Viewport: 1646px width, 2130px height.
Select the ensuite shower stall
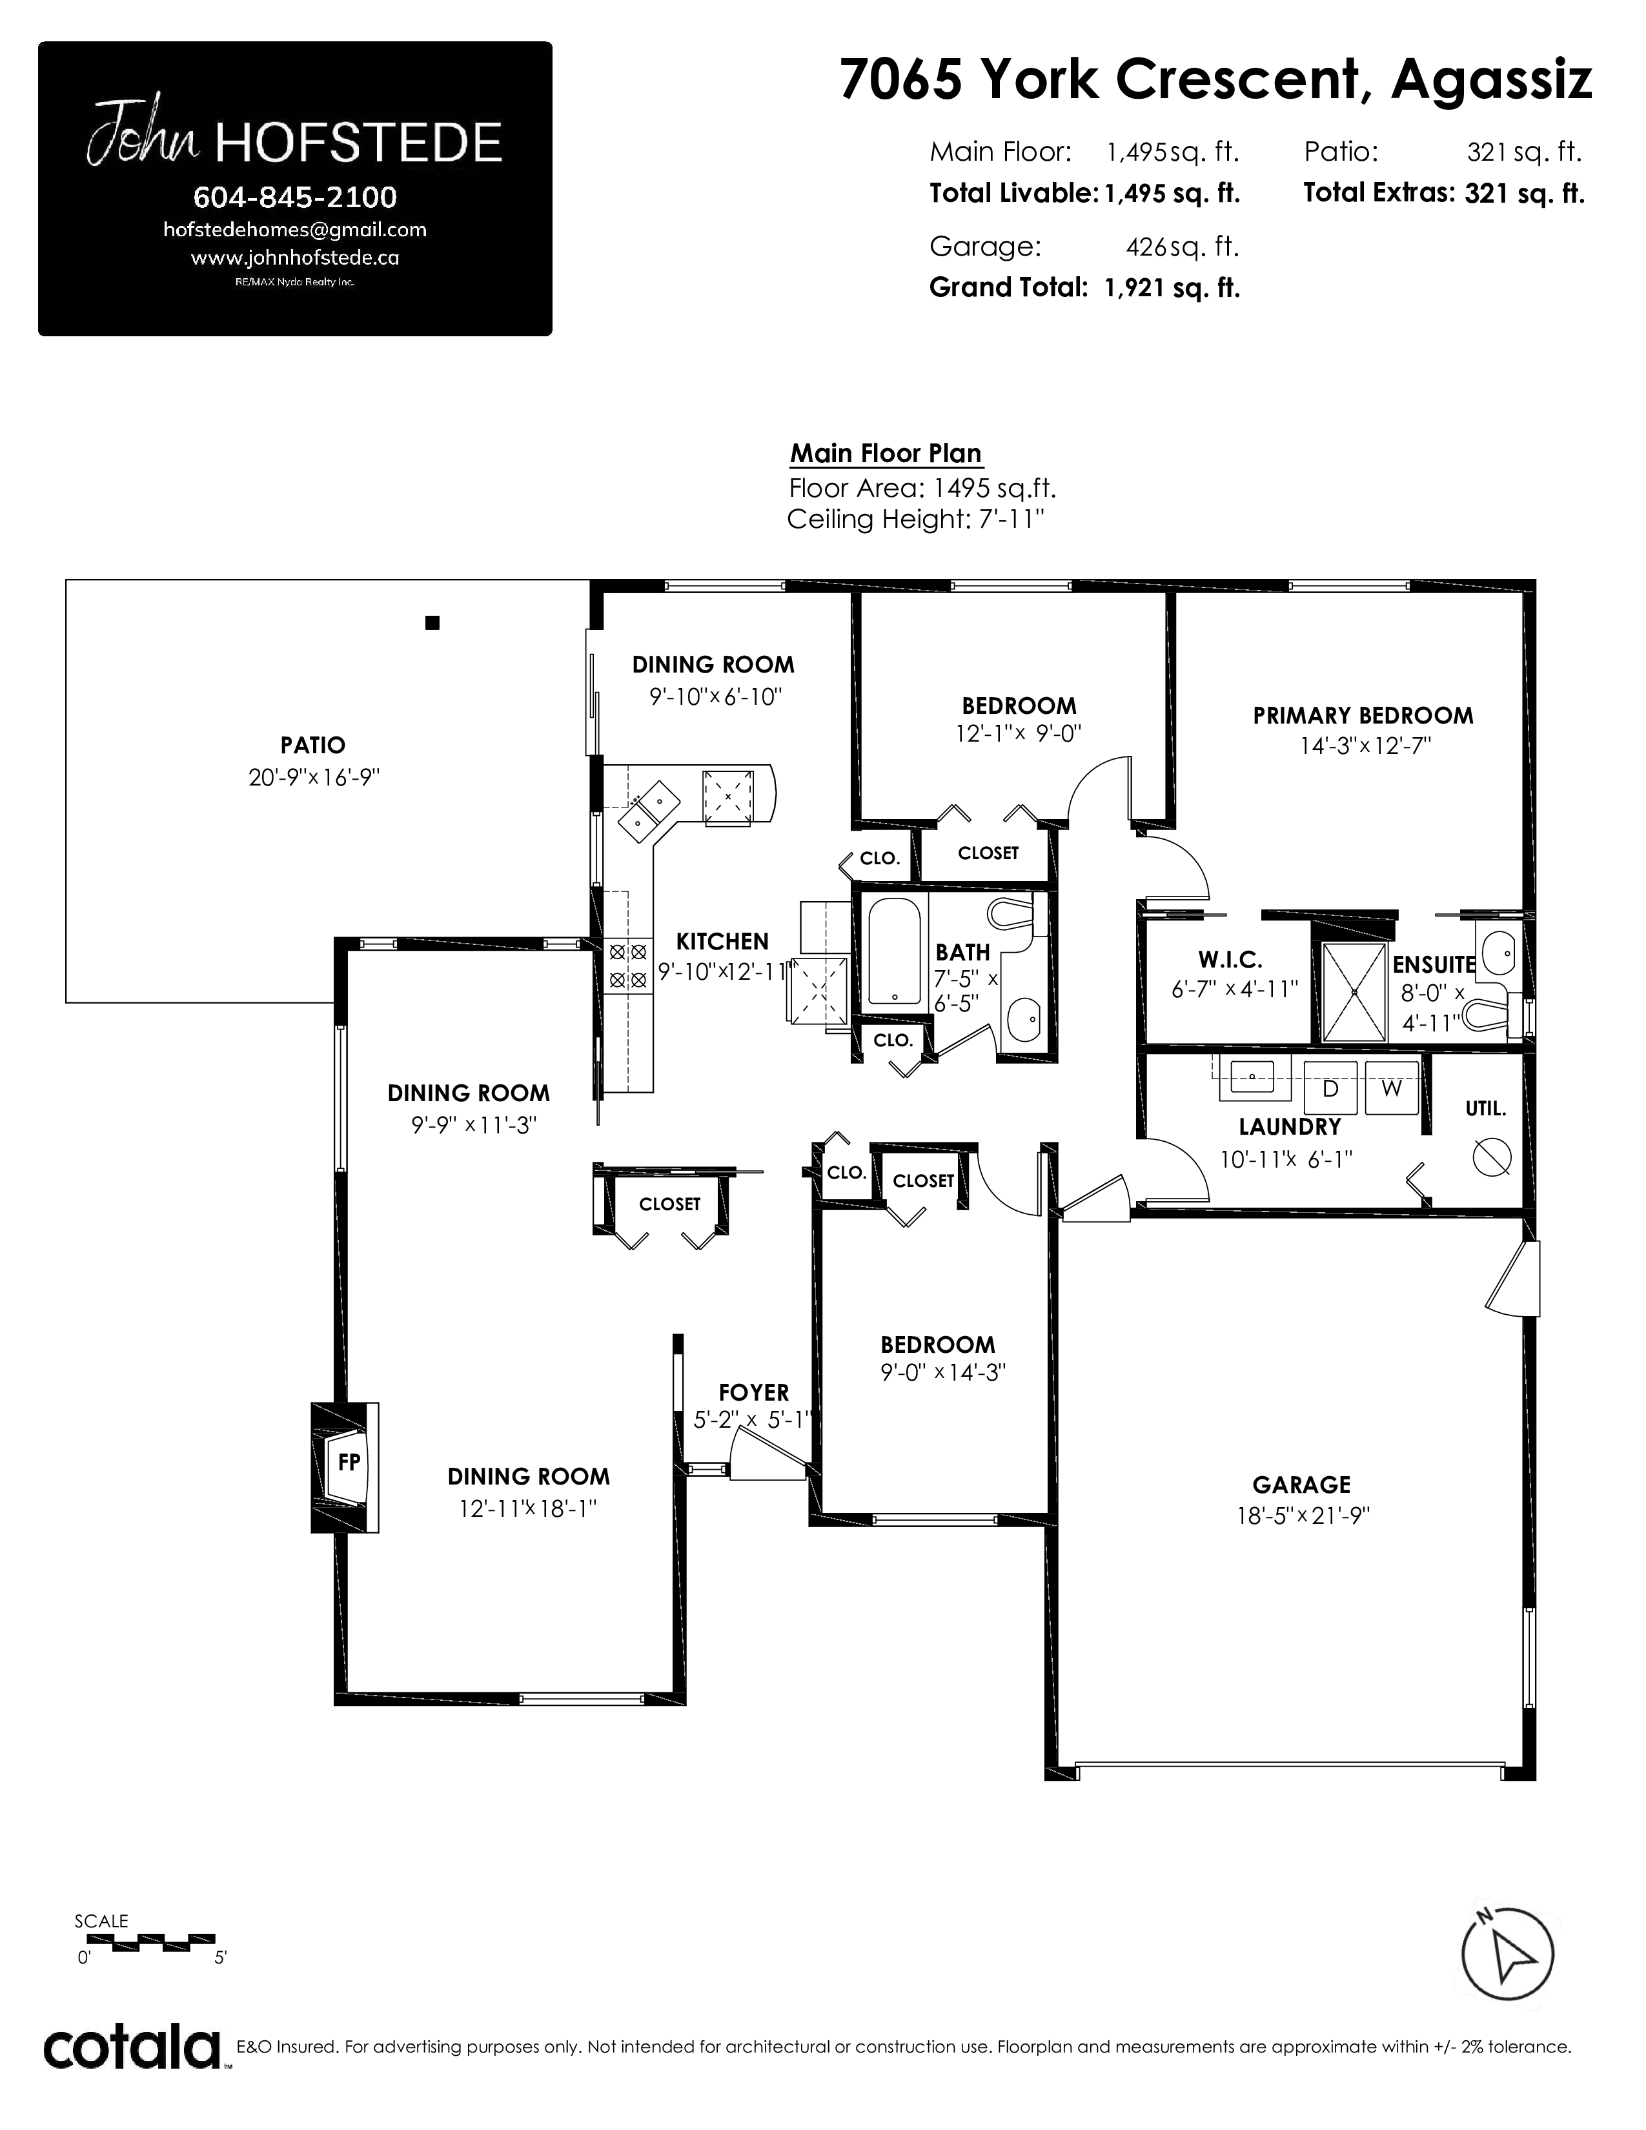1354,992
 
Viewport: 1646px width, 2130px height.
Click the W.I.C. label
1230,960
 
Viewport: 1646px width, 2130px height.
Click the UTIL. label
1486,1109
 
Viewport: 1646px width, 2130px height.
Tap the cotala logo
132,2048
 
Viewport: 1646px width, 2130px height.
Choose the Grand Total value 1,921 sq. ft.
1172,288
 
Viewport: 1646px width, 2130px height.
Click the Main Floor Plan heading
886,454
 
